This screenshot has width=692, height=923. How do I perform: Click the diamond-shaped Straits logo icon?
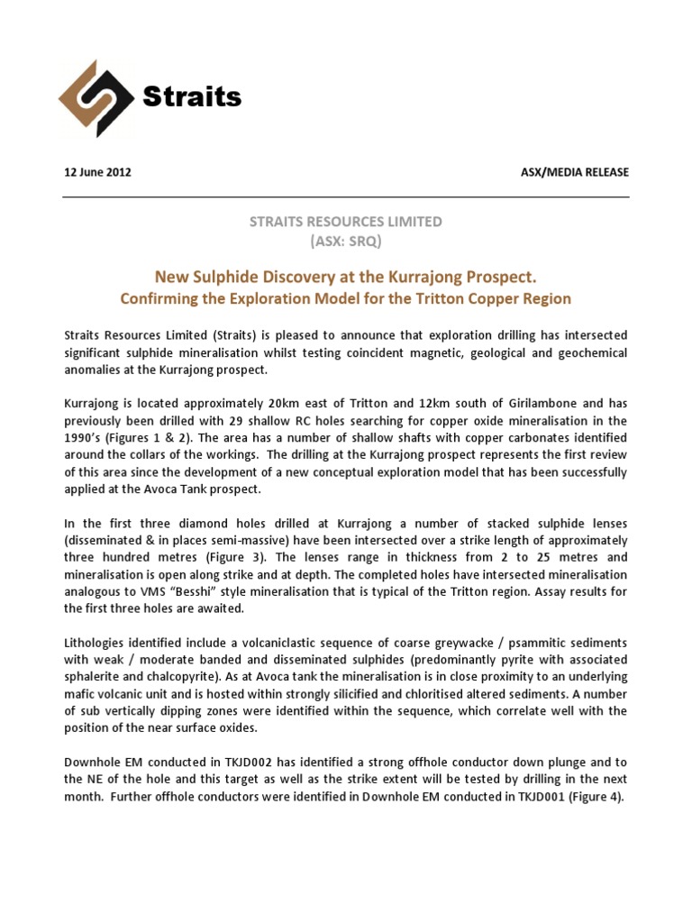tap(96, 99)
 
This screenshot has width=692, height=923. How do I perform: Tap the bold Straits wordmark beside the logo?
tap(192, 97)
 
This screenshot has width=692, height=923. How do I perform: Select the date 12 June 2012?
tap(97, 172)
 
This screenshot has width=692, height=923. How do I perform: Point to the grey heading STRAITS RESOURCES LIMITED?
tap(345, 221)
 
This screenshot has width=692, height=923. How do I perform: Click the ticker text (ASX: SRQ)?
tap(345, 241)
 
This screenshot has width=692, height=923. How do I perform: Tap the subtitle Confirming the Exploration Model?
tap(346, 297)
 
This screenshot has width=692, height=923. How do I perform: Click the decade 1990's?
tap(85, 438)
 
